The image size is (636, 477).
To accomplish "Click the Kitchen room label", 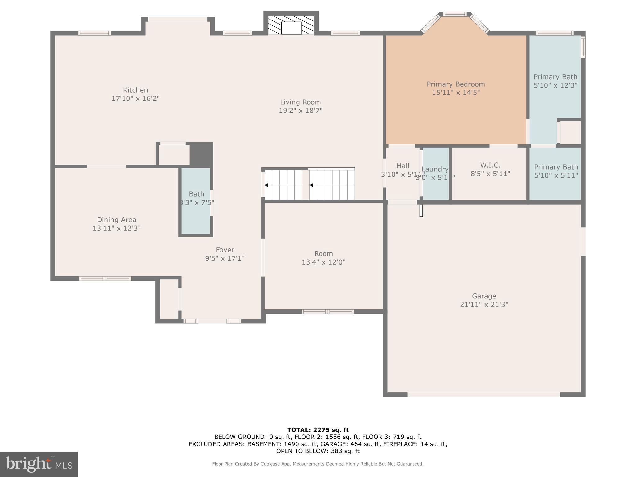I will (x=135, y=90).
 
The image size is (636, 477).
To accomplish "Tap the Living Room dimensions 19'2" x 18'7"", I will (x=300, y=111).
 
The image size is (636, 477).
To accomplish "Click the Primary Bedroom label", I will (x=456, y=84).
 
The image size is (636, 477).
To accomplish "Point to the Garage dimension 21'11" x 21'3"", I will (x=484, y=304).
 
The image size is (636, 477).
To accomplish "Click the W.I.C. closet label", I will (x=490, y=165).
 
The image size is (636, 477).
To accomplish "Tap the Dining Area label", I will (x=116, y=220).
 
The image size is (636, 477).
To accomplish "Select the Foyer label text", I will (x=225, y=250).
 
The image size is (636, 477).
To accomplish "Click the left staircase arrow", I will (x=266, y=185).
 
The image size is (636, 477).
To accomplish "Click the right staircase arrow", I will (x=311, y=185).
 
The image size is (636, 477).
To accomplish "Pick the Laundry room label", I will (x=435, y=169).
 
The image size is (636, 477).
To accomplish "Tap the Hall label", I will (x=403, y=166).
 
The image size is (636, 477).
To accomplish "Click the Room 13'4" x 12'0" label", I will (x=323, y=254).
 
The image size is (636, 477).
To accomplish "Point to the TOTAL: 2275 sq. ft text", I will (x=318, y=430).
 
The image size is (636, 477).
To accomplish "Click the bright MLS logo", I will (x=39, y=464).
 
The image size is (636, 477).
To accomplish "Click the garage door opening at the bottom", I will (x=484, y=394).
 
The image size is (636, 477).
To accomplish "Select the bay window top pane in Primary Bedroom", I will (x=455, y=14).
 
